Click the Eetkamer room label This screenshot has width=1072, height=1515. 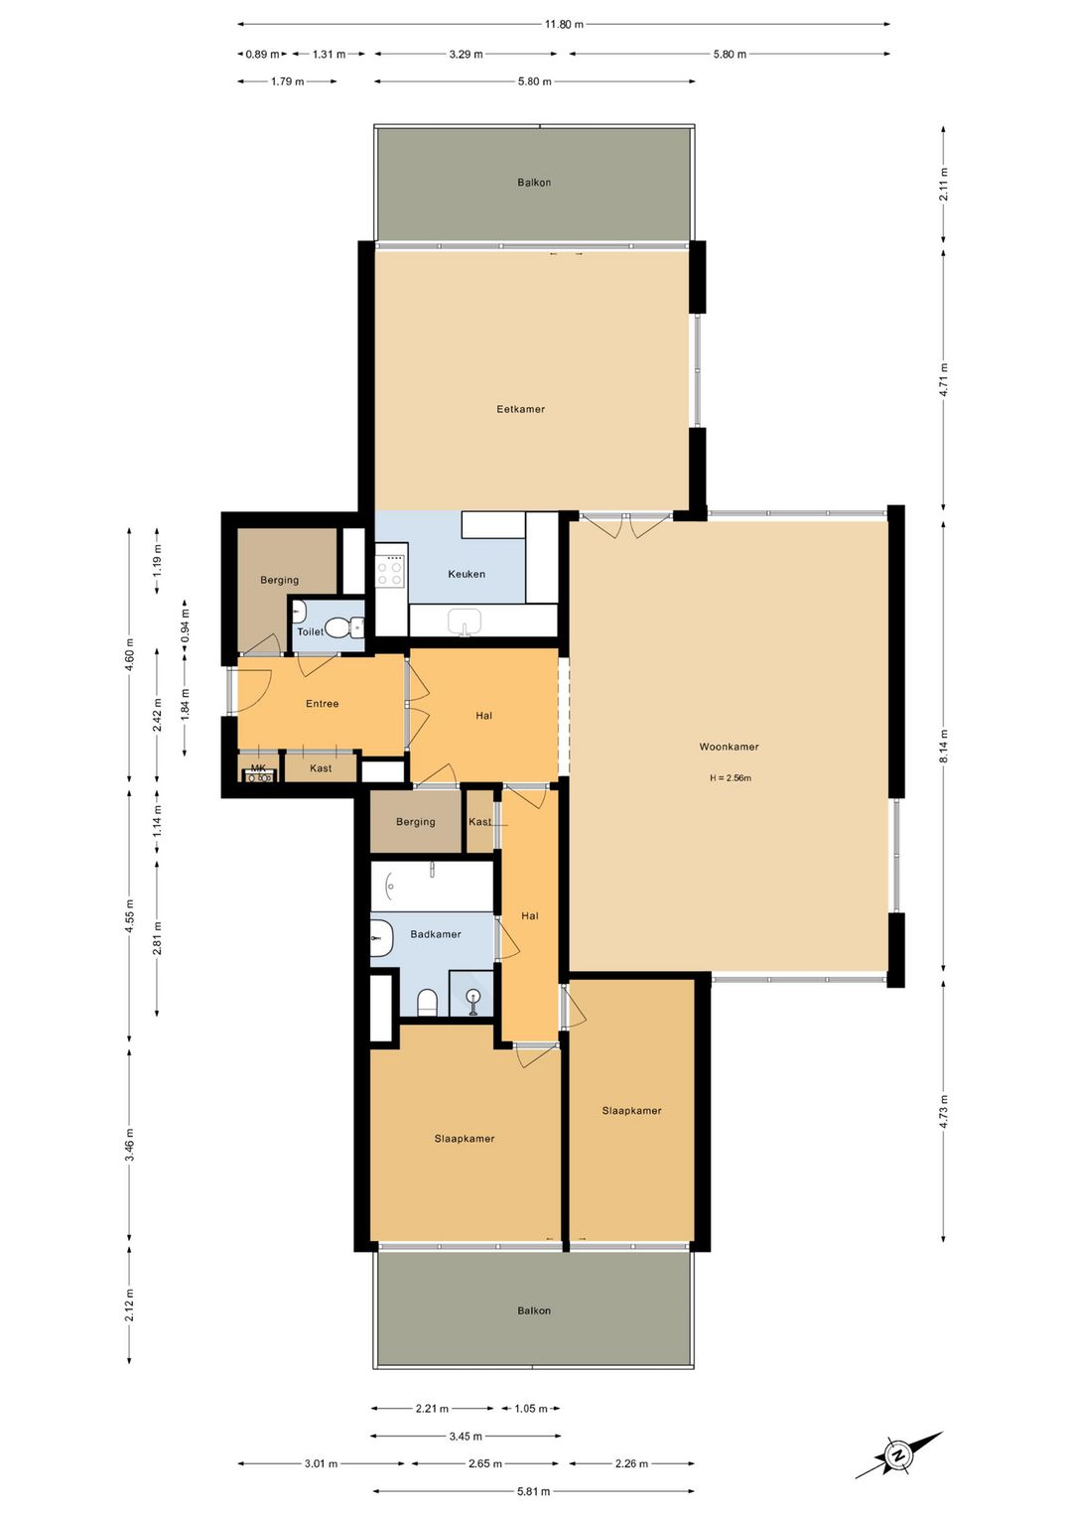point(520,409)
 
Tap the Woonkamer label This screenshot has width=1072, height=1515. point(729,747)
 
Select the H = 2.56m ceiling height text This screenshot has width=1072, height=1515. point(730,778)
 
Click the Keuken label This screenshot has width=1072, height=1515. point(467,574)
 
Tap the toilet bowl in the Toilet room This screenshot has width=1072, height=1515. point(340,627)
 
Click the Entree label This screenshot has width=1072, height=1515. point(322,704)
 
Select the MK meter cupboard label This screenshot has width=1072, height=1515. point(258,768)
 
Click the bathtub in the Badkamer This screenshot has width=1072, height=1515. point(432,885)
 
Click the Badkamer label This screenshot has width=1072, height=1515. point(436,934)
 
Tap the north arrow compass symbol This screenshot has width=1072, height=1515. point(898,1455)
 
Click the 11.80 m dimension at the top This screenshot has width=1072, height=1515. point(564,24)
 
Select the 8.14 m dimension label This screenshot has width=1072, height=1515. point(944,746)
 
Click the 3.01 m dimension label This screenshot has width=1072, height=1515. point(321,1463)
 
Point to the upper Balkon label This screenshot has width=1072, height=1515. point(534,183)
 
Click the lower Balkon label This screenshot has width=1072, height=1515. point(534,1310)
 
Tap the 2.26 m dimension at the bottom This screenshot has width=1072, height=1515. point(631,1463)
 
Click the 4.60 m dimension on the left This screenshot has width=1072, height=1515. point(129,655)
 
